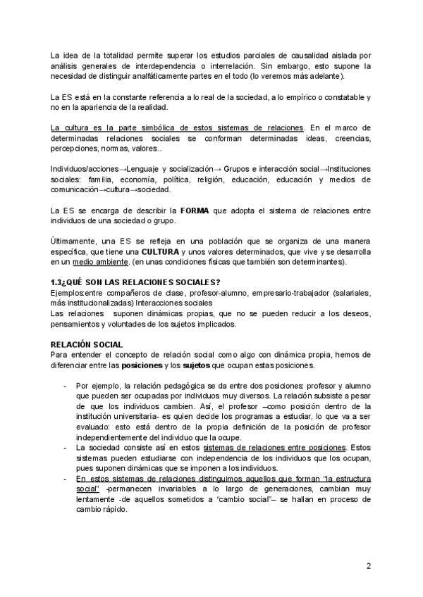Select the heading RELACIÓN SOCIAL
tap(87, 344)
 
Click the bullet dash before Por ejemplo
tap(66, 387)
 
